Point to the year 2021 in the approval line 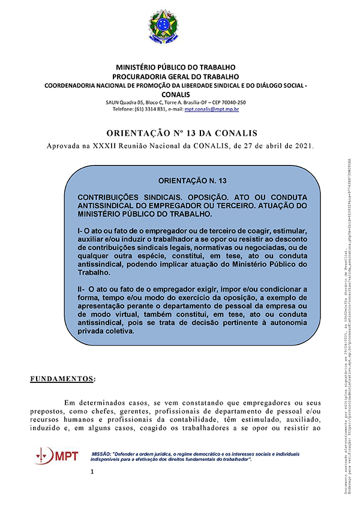pos(304,146)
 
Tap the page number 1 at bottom pos(92,490)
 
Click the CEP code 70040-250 pos(231,102)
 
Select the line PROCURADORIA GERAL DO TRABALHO pos(176,76)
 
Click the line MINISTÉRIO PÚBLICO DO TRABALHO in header pos(176,67)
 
